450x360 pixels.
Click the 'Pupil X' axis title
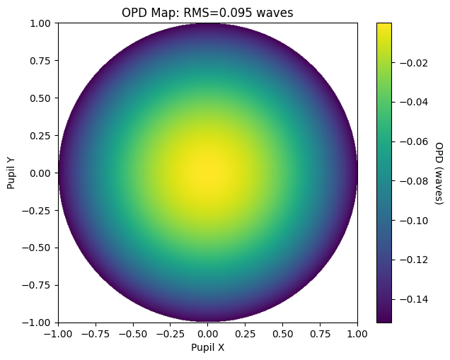click(x=207, y=347)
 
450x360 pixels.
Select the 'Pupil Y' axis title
click(x=11, y=173)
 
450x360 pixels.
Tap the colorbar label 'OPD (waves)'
click(x=439, y=173)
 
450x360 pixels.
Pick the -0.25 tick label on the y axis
click(x=37, y=211)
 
